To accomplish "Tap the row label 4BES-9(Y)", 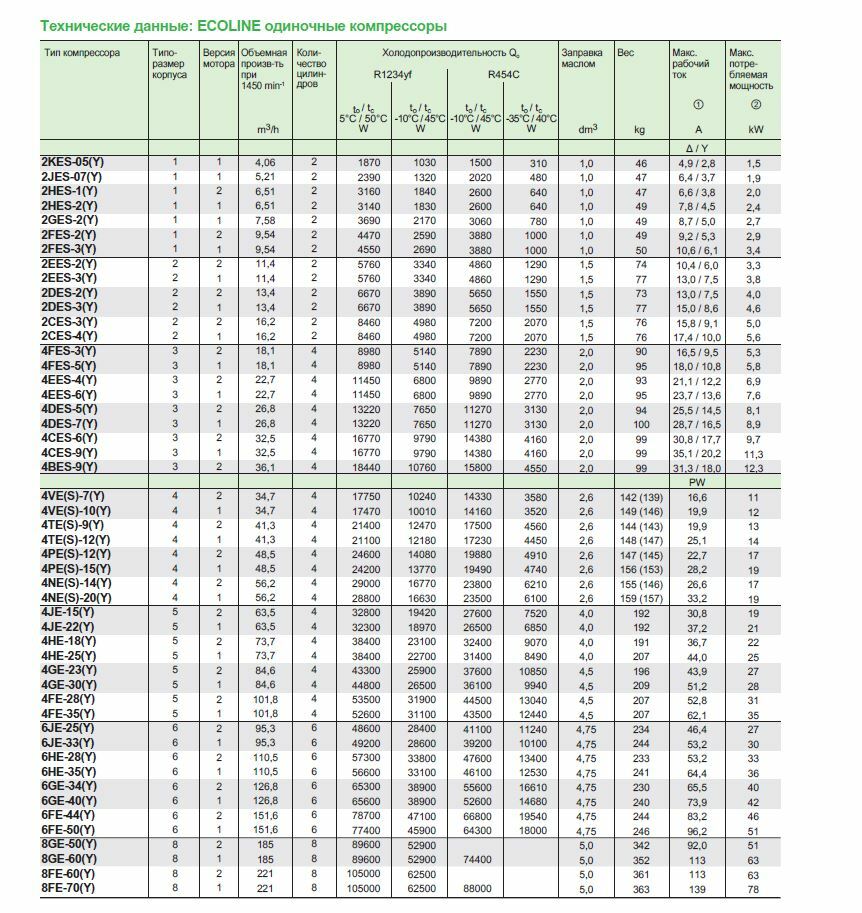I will point(70,466).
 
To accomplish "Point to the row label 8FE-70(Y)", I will point(69,888).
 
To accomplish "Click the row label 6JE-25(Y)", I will point(69,730).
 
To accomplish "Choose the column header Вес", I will point(626,52).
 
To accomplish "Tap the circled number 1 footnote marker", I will point(697,105).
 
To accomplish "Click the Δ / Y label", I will point(697,147).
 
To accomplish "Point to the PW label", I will point(697,482).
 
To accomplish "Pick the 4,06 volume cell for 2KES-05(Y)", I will point(265,162).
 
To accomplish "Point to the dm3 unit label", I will point(587,129).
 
